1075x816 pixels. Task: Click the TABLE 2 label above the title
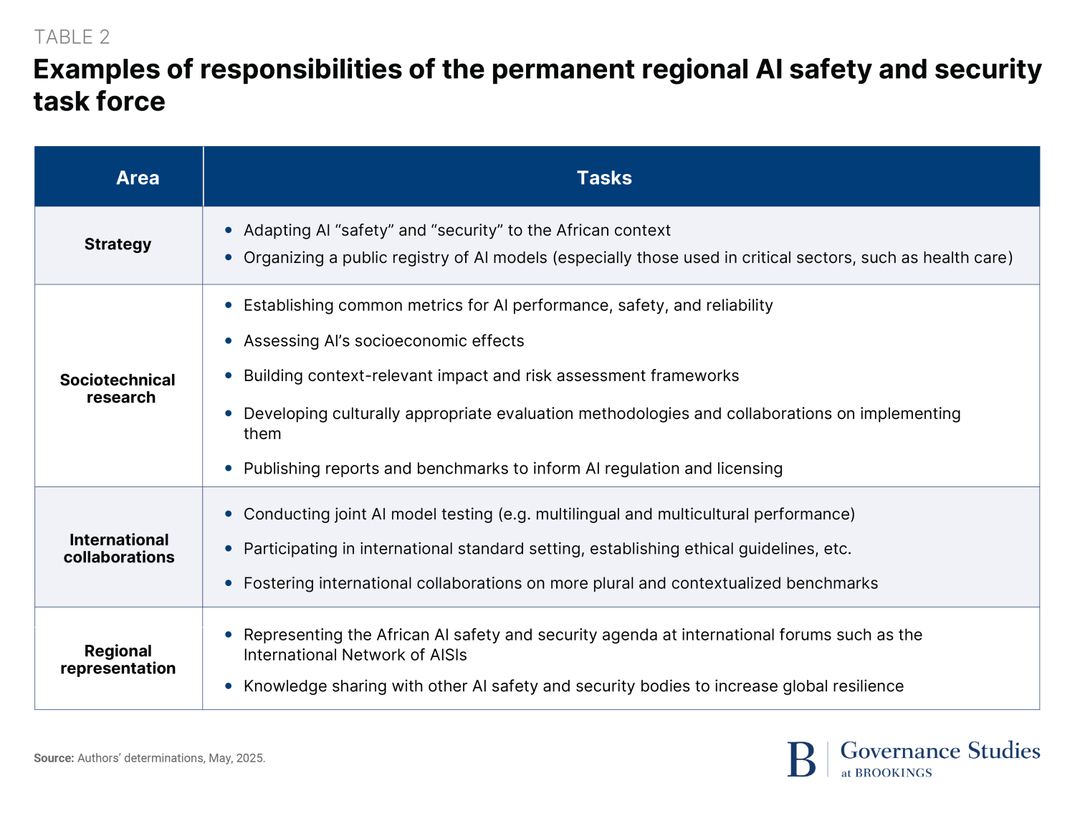click(72, 37)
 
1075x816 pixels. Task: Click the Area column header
click(138, 178)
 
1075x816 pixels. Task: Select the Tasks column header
click(604, 178)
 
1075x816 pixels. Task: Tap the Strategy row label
click(118, 244)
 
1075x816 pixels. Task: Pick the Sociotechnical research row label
click(118, 388)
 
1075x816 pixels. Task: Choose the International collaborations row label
click(119, 548)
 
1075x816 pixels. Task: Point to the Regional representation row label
click(118, 659)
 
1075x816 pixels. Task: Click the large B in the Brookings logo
click(801, 759)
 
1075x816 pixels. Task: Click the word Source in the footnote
click(53, 758)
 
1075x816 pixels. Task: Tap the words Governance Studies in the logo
click(940, 750)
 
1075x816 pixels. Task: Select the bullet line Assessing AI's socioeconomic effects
click(383, 341)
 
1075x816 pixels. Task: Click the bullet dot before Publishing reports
click(229, 468)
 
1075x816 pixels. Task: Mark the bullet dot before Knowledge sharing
click(229, 686)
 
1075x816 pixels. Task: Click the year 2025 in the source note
click(250, 758)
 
